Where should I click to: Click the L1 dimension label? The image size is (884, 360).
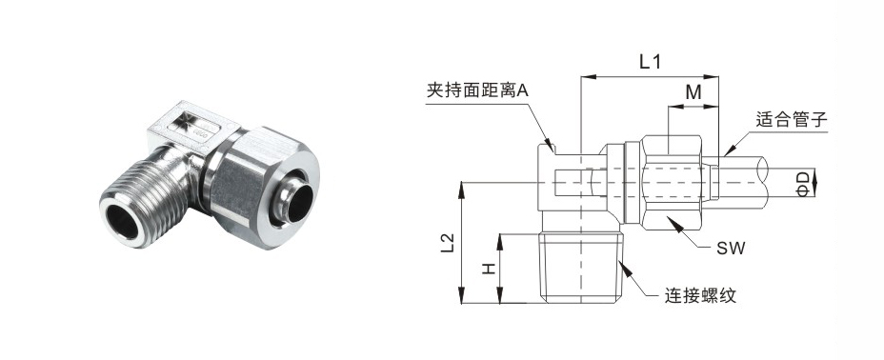tap(650, 61)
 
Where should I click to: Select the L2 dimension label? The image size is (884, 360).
tap(449, 243)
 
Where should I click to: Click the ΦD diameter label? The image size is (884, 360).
tap(803, 183)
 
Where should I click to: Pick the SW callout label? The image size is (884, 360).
tap(730, 248)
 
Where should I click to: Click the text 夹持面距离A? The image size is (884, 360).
tap(477, 91)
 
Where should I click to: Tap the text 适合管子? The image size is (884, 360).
tap(791, 120)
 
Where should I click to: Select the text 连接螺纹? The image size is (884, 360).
tap(701, 295)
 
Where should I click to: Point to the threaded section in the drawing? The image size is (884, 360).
tap(582, 270)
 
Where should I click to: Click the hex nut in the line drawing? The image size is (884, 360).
tap(671, 182)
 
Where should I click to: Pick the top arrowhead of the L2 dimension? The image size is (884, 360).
tap(462, 189)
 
